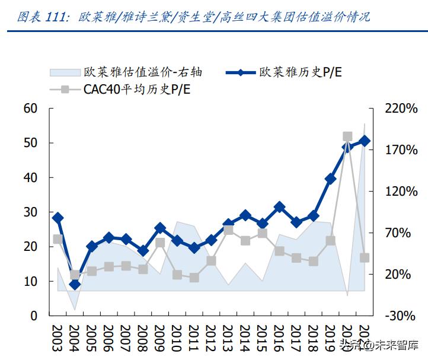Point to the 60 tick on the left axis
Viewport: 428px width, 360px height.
(30, 109)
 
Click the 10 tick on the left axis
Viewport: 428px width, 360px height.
(30, 281)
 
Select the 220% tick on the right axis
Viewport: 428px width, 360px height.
(401, 109)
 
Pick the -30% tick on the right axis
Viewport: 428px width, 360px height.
(401, 316)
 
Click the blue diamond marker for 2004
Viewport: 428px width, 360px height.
(75, 285)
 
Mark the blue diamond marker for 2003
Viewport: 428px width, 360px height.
(58, 218)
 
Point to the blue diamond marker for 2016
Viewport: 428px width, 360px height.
(279, 207)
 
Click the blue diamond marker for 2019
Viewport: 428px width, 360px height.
(331, 179)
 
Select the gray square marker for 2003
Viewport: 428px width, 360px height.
(58, 239)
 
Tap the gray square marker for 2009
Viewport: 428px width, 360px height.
(160, 243)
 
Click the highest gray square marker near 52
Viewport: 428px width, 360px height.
(348, 136)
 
